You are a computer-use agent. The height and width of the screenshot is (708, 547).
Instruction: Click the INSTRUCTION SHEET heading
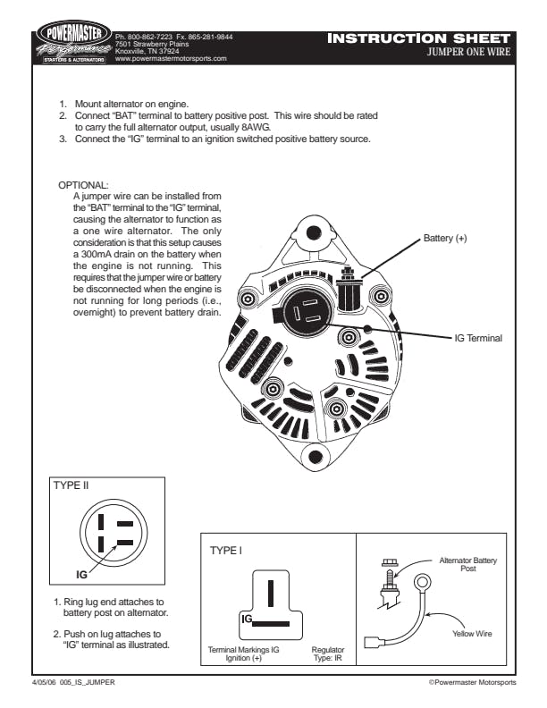(419, 38)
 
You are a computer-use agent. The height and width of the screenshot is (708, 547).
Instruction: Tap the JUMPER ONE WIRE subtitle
(469, 52)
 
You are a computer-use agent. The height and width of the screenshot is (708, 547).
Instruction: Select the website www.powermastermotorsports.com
(172, 58)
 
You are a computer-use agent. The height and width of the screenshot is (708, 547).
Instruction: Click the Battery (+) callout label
(445, 239)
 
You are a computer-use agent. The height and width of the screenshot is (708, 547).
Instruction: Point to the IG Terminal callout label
(478, 338)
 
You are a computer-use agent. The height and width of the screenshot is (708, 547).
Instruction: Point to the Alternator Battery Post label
(468, 564)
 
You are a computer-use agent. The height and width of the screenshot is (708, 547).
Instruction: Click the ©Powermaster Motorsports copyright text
(472, 682)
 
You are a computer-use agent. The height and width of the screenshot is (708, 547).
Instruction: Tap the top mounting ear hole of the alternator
(313, 233)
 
